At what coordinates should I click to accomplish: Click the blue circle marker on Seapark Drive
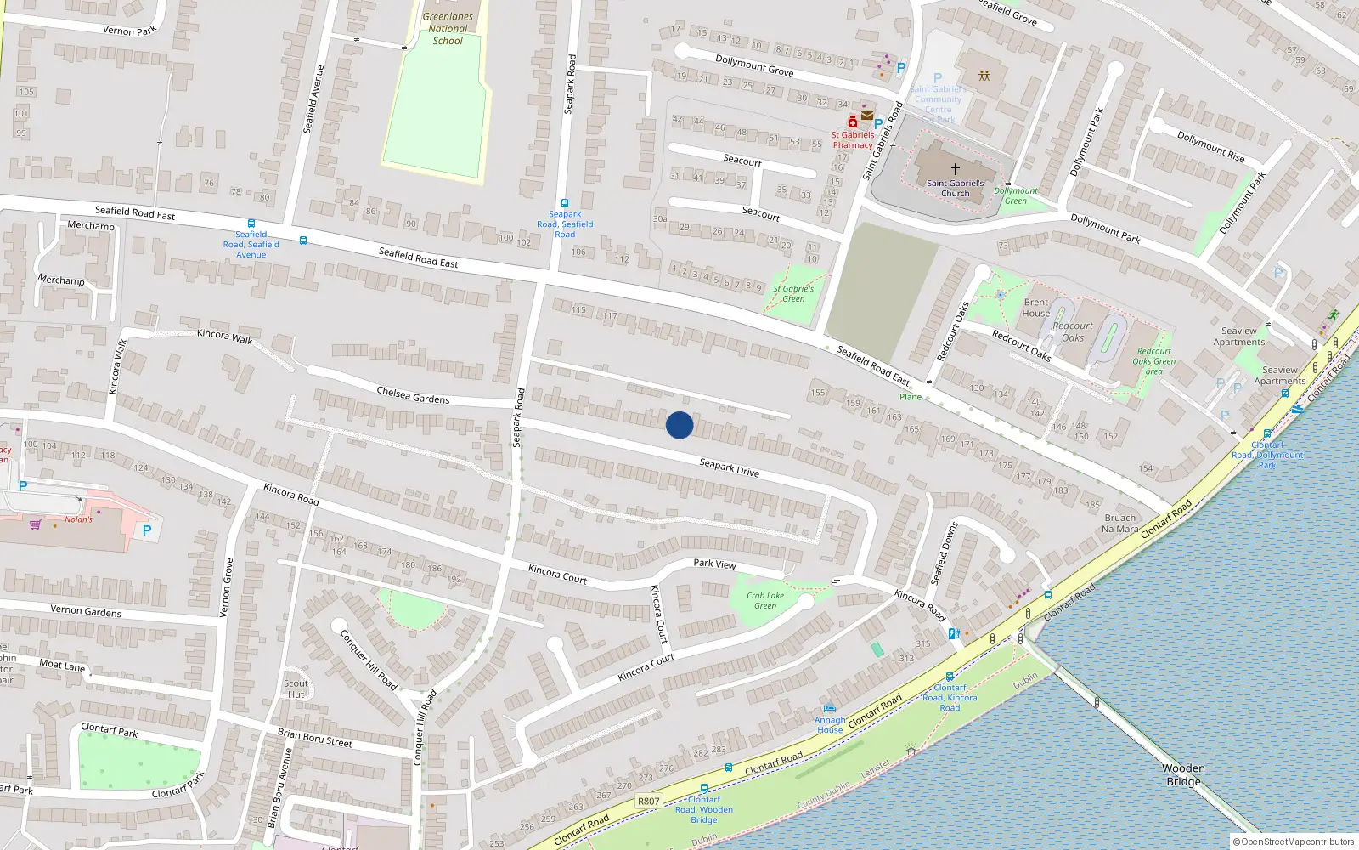pyautogui.click(x=679, y=425)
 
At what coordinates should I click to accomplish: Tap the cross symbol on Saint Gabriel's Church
pyautogui.click(x=955, y=169)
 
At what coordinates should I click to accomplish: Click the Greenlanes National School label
pyautogui.click(x=448, y=28)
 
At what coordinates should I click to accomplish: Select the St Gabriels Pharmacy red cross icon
pyautogui.click(x=852, y=122)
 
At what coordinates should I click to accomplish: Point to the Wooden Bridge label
pyautogui.click(x=1183, y=774)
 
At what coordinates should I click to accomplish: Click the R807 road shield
pyautogui.click(x=648, y=801)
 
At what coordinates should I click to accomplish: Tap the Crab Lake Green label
pyautogui.click(x=765, y=600)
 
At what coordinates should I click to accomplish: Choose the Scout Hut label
pyautogui.click(x=296, y=688)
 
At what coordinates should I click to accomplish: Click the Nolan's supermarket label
pyautogui.click(x=78, y=518)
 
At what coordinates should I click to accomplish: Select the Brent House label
pyautogui.click(x=1035, y=308)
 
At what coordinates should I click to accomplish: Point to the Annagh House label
pyautogui.click(x=830, y=724)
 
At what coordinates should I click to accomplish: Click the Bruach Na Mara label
pyautogui.click(x=1119, y=523)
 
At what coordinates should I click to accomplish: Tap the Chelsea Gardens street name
pyautogui.click(x=413, y=394)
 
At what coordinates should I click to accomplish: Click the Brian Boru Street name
pyautogui.click(x=314, y=737)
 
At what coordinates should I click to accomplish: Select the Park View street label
pyautogui.click(x=714, y=563)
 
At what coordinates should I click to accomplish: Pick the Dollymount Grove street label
pyautogui.click(x=753, y=65)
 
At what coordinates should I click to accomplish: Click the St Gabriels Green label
pyautogui.click(x=792, y=293)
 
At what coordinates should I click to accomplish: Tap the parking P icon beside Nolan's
pyautogui.click(x=147, y=530)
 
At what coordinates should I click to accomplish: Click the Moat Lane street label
pyautogui.click(x=62, y=665)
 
